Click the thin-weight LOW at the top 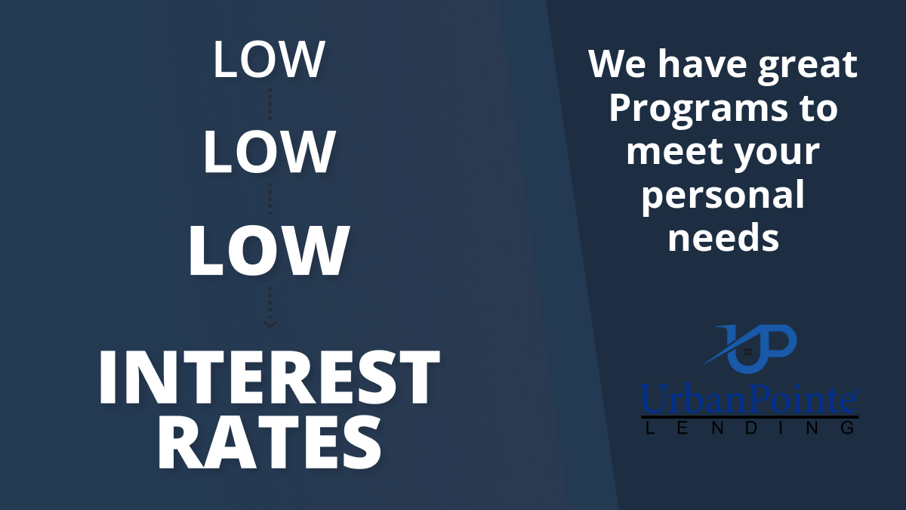(269, 60)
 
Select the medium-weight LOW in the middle (270, 153)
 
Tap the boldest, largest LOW (269, 251)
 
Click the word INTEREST (270, 377)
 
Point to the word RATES (270, 444)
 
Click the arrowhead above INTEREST (270, 324)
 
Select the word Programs (698, 111)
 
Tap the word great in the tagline (808, 66)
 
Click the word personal (723, 197)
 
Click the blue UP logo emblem (750, 348)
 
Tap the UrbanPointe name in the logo (749, 399)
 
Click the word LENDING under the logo (750, 428)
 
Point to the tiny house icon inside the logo (748, 352)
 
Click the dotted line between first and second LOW (270, 104)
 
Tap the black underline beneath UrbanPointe (750, 417)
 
